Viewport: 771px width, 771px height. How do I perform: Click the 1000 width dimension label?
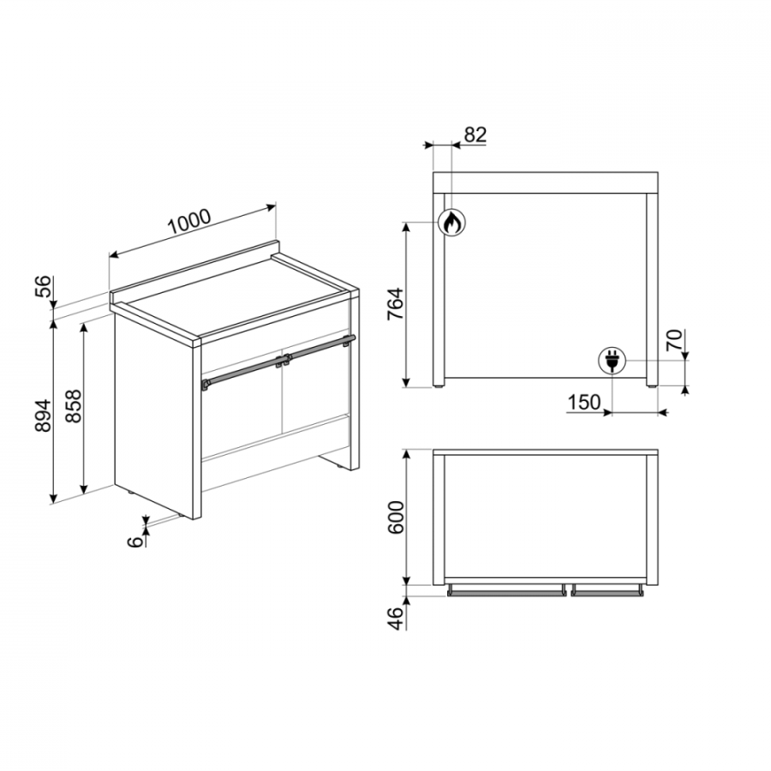189,222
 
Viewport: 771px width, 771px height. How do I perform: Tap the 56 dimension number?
44,286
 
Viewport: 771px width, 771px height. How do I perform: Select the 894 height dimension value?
44,415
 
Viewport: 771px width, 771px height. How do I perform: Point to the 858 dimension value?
74,406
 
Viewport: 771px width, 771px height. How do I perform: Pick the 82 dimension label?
475,134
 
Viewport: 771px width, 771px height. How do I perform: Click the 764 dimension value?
395,304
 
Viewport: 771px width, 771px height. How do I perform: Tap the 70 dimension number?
674,340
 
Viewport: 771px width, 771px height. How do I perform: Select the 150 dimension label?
584,403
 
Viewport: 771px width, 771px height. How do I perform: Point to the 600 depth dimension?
395,517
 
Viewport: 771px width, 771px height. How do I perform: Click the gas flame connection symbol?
451,222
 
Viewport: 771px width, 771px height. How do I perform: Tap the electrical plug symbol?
612,361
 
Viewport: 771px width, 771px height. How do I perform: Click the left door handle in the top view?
506,591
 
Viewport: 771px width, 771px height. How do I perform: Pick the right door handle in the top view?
607,591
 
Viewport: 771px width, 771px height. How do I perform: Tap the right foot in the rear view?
652,387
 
